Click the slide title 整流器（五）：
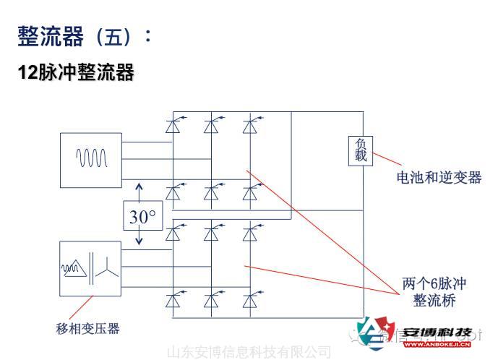click(x=85, y=36)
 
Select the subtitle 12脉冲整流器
click(x=75, y=72)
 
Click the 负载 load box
click(x=361, y=151)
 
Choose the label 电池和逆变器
click(x=439, y=177)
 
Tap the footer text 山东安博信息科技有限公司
click(x=249, y=352)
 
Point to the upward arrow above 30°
click(x=139, y=192)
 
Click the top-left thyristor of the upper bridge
click(x=173, y=126)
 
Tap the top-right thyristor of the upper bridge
click(x=250, y=126)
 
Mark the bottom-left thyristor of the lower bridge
click(x=173, y=300)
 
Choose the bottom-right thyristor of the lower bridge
click(x=250, y=300)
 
